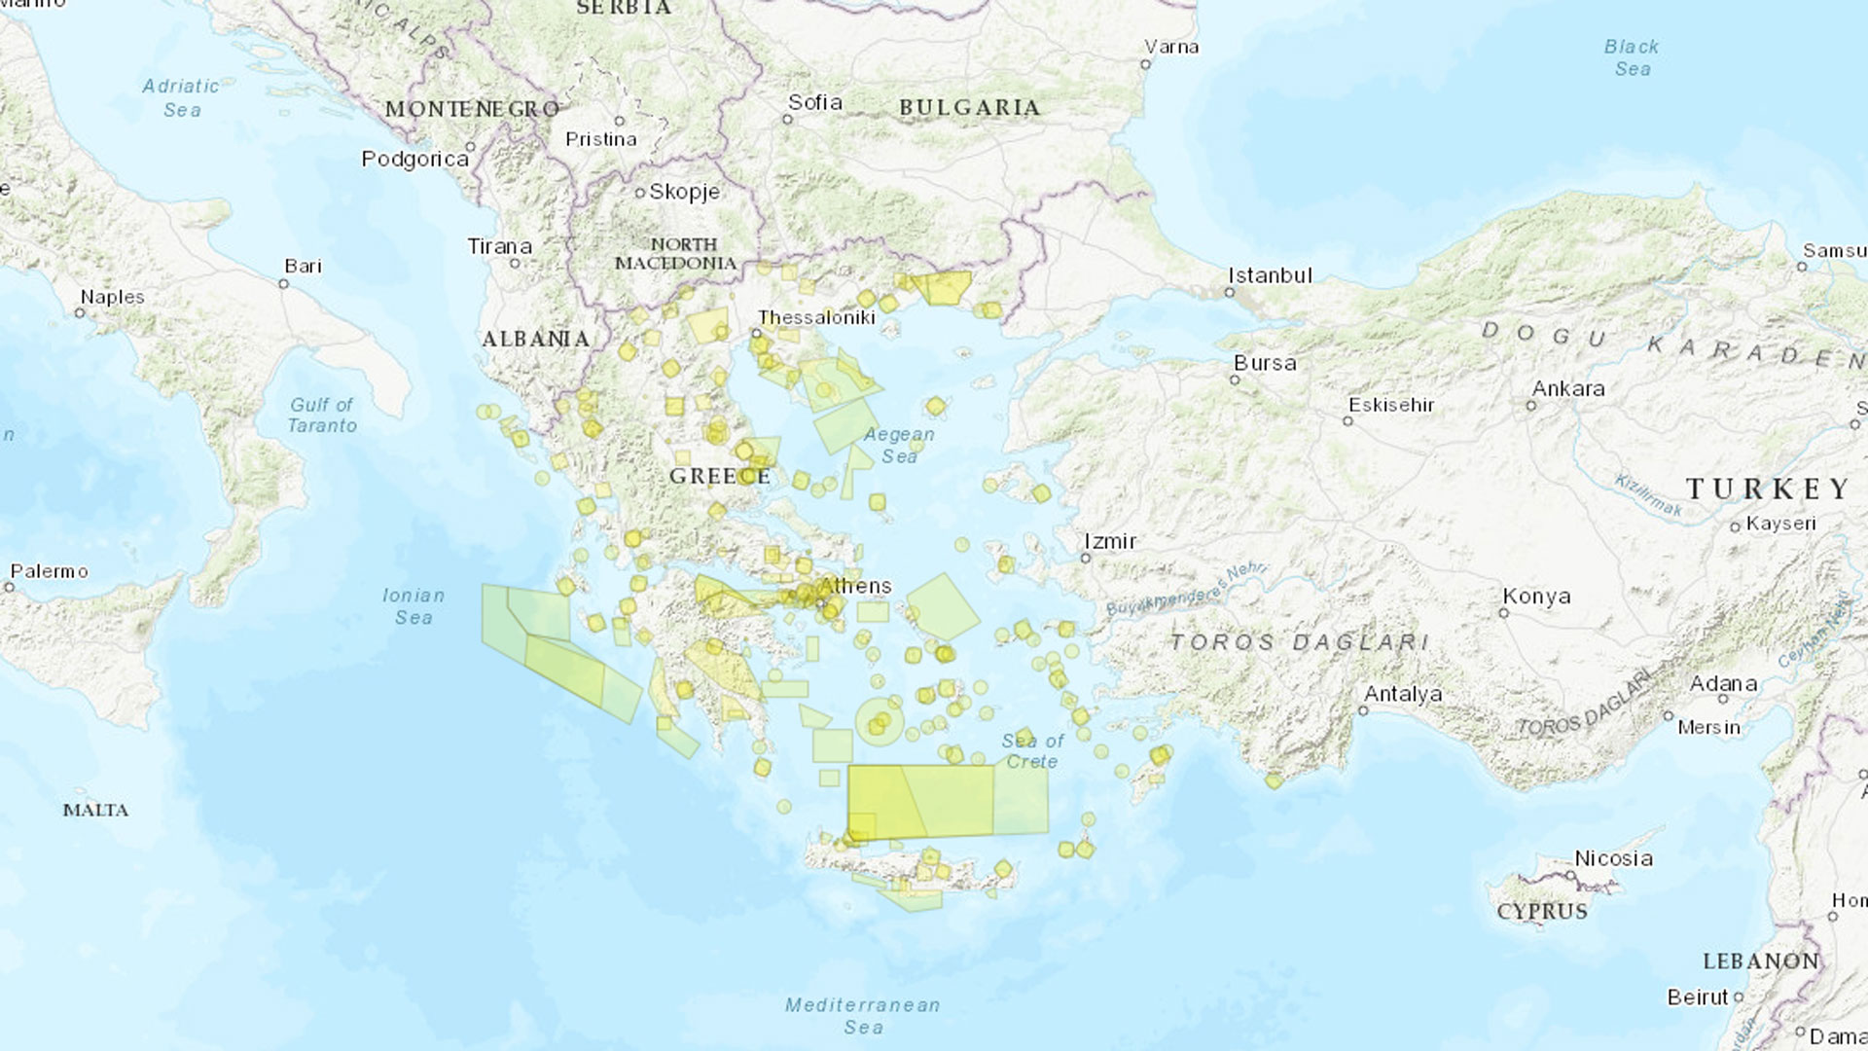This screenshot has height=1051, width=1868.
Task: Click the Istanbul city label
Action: (1270, 275)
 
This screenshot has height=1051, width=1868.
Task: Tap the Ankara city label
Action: (1567, 388)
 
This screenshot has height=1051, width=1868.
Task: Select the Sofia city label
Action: (814, 102)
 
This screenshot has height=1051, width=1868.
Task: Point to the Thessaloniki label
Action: (816, 317)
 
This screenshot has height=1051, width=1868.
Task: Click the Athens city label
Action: (855, 586)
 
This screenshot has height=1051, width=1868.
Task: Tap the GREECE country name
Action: (720, 476)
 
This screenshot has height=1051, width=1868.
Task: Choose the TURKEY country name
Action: (1768, 489)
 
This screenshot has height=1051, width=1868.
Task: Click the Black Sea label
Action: (1632, 57)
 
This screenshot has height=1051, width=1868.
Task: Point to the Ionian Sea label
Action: (413, 605)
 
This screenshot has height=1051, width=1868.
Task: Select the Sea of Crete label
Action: (1032, 750)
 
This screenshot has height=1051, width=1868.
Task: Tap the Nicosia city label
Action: (1613, 858)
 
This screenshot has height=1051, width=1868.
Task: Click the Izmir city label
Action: (1110, 541)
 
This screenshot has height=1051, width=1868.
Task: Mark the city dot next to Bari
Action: (283, 284)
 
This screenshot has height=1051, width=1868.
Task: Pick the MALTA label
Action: (95, 810)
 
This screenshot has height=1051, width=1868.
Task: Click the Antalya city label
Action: (1402, 694)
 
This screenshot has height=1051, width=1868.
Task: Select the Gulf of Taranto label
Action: (322, 415)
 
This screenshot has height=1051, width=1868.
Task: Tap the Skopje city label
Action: (684, 192)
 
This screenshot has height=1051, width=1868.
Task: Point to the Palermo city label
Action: (49, 571)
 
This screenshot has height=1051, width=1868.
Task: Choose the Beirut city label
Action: (1698, 997)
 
